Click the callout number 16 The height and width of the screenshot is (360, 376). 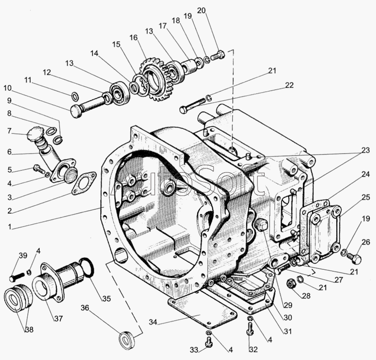pyautogui.click(x=134, y=37)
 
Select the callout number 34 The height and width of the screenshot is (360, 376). pyautogui.click(x=153, y=322)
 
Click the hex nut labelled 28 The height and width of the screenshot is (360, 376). pyautogui.click(x=291, y=284)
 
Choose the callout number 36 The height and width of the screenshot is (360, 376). pyautogui.click(x=85, y=308)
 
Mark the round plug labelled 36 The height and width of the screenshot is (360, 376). pyautogui.click(x=127, y=338)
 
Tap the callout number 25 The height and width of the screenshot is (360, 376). pyautogui.click(x=366, y=198)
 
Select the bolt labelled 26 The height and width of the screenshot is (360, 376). pyautogui.click(x=355, y=258)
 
